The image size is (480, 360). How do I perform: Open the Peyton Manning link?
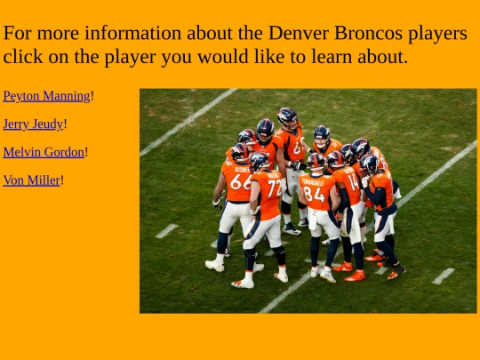46,96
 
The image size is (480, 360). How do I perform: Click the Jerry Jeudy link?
33,124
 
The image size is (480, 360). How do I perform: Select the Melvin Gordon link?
44,152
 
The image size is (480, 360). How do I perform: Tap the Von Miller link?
31,180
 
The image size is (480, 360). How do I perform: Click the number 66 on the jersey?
240,181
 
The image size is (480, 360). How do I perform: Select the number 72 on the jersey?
274,188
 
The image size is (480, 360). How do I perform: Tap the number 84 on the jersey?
313,193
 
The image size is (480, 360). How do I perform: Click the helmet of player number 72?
260,161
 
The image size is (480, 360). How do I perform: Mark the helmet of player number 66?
240,152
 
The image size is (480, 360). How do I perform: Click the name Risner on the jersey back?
242,168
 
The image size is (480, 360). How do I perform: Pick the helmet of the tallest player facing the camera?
287,116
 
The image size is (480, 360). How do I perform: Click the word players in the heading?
437,34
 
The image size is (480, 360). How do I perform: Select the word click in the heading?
26,57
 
